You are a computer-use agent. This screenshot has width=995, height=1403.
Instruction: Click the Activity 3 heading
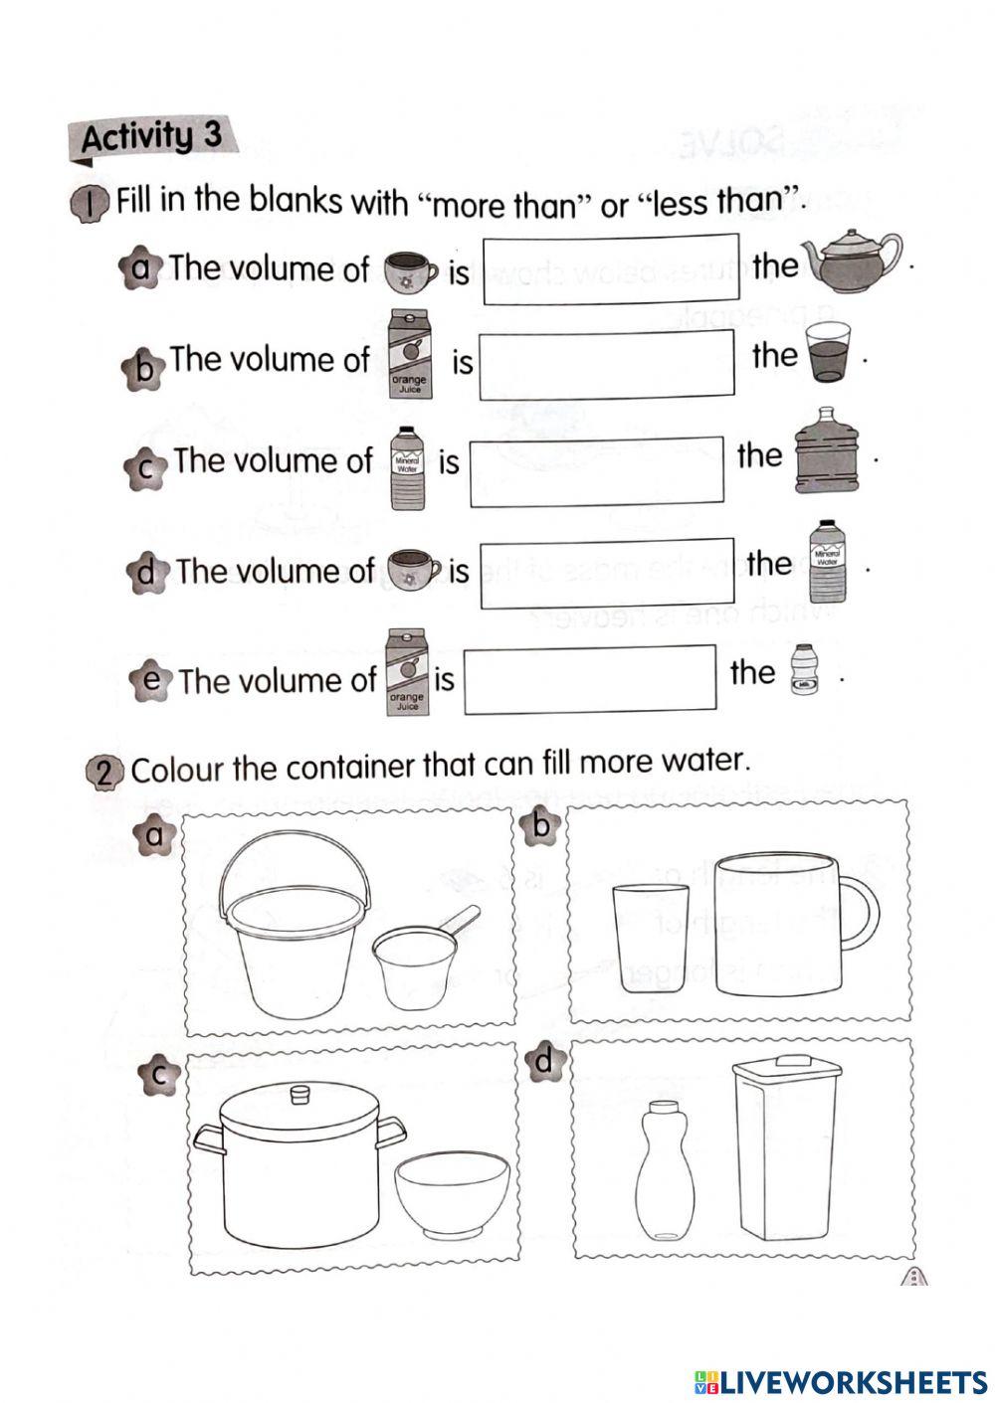click(x=151, y=136)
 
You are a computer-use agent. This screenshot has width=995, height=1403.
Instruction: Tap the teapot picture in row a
click(x=851, y=261)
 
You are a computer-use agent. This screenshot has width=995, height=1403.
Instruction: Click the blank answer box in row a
click(x=611, y=268)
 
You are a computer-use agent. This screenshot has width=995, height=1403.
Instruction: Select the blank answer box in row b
click(x=607, y=364)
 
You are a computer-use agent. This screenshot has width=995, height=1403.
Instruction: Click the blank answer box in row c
click(x=597, y=472)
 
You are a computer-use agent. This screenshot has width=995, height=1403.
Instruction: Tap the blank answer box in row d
click(x=607, y=574)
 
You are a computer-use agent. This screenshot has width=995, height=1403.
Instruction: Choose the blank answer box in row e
click(x=591, y=680)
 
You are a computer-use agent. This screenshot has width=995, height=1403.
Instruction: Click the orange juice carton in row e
click(x=406, y=673)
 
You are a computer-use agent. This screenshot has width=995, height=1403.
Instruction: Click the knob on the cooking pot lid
click(x=298, y=1094)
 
